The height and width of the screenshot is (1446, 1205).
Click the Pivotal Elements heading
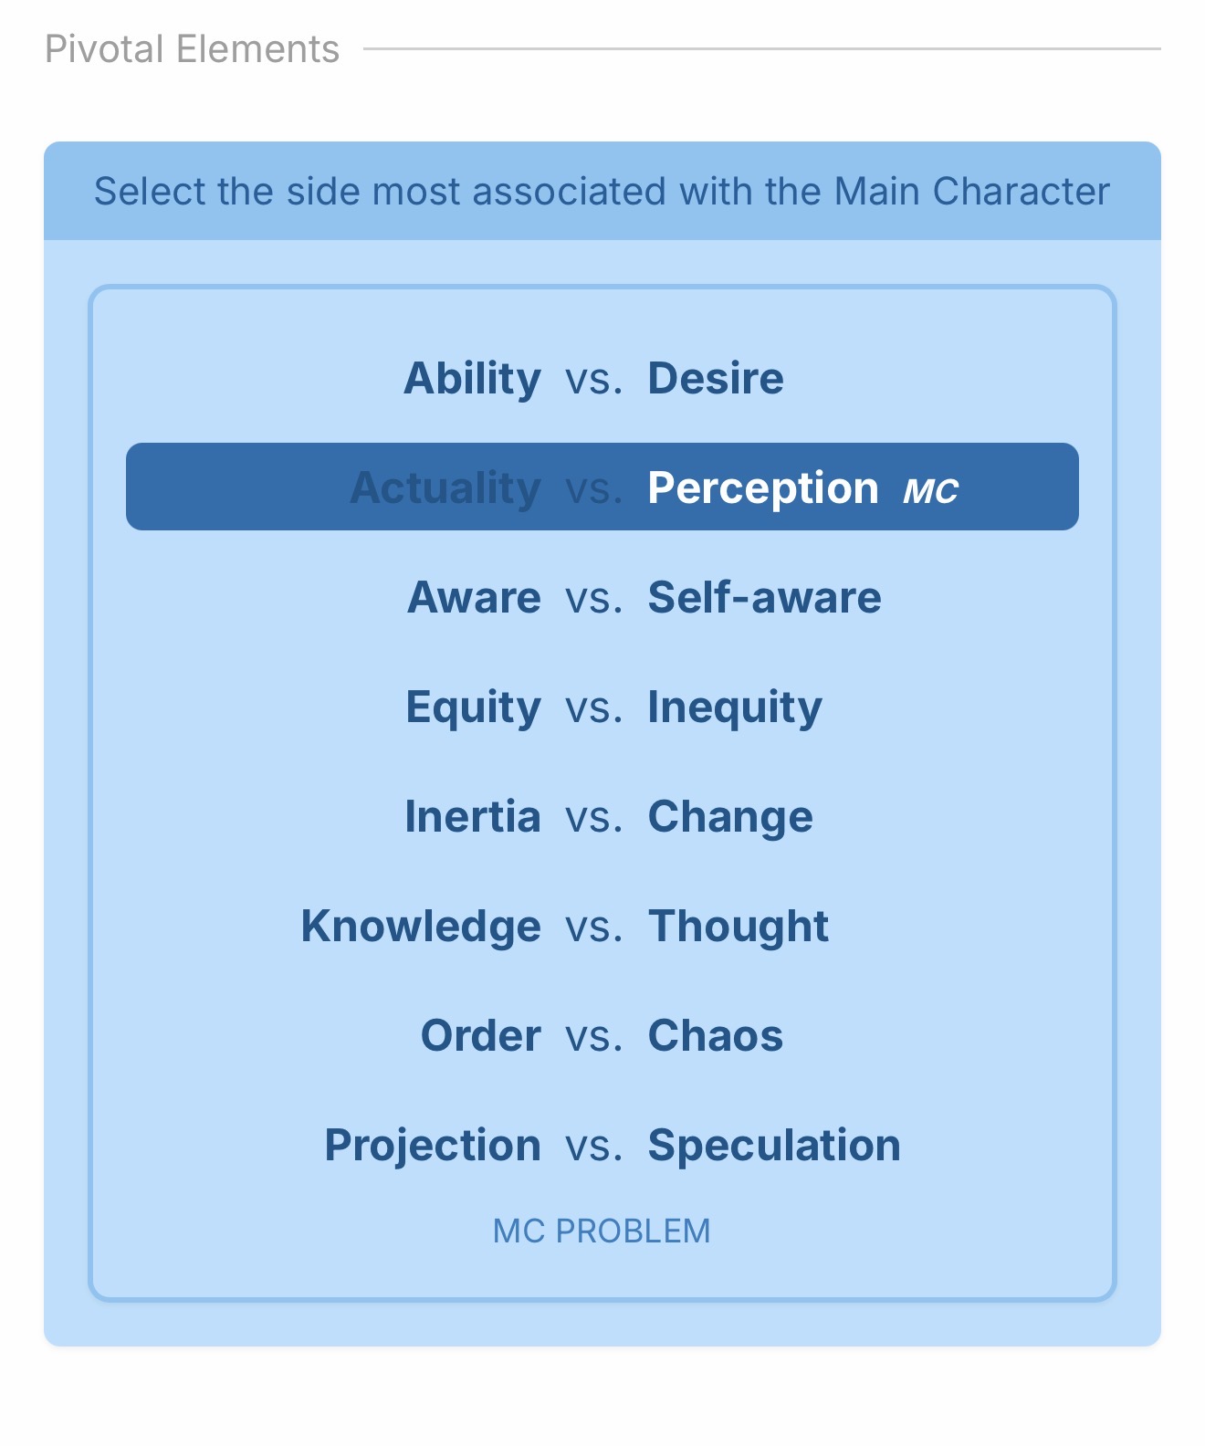pos(192,49)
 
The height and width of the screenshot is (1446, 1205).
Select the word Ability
pos(472,379)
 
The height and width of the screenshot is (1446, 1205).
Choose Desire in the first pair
pos(716,378)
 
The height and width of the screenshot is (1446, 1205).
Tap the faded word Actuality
pos(445,488)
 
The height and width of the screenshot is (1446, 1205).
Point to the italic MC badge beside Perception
pos(931,492)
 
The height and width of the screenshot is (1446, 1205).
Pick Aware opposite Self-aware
pos(474,597)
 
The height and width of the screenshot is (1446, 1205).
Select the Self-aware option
pos(765,597)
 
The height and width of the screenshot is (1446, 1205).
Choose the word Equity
pos(474,707)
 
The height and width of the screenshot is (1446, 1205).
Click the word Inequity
pos(735,707)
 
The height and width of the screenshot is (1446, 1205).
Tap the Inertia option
pos(473,816)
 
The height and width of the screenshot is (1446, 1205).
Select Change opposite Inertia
pos(730,817)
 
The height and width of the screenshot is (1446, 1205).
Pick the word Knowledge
pos(421,927)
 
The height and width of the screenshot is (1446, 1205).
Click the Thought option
pos(739,926)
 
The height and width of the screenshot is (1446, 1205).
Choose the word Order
pos(480,1035)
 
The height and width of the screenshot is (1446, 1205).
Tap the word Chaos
pos(716,1035)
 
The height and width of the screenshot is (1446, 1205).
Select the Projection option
pos(433,1146)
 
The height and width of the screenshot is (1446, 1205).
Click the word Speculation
pos(774,1146)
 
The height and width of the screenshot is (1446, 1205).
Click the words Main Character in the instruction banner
pos(971,191)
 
